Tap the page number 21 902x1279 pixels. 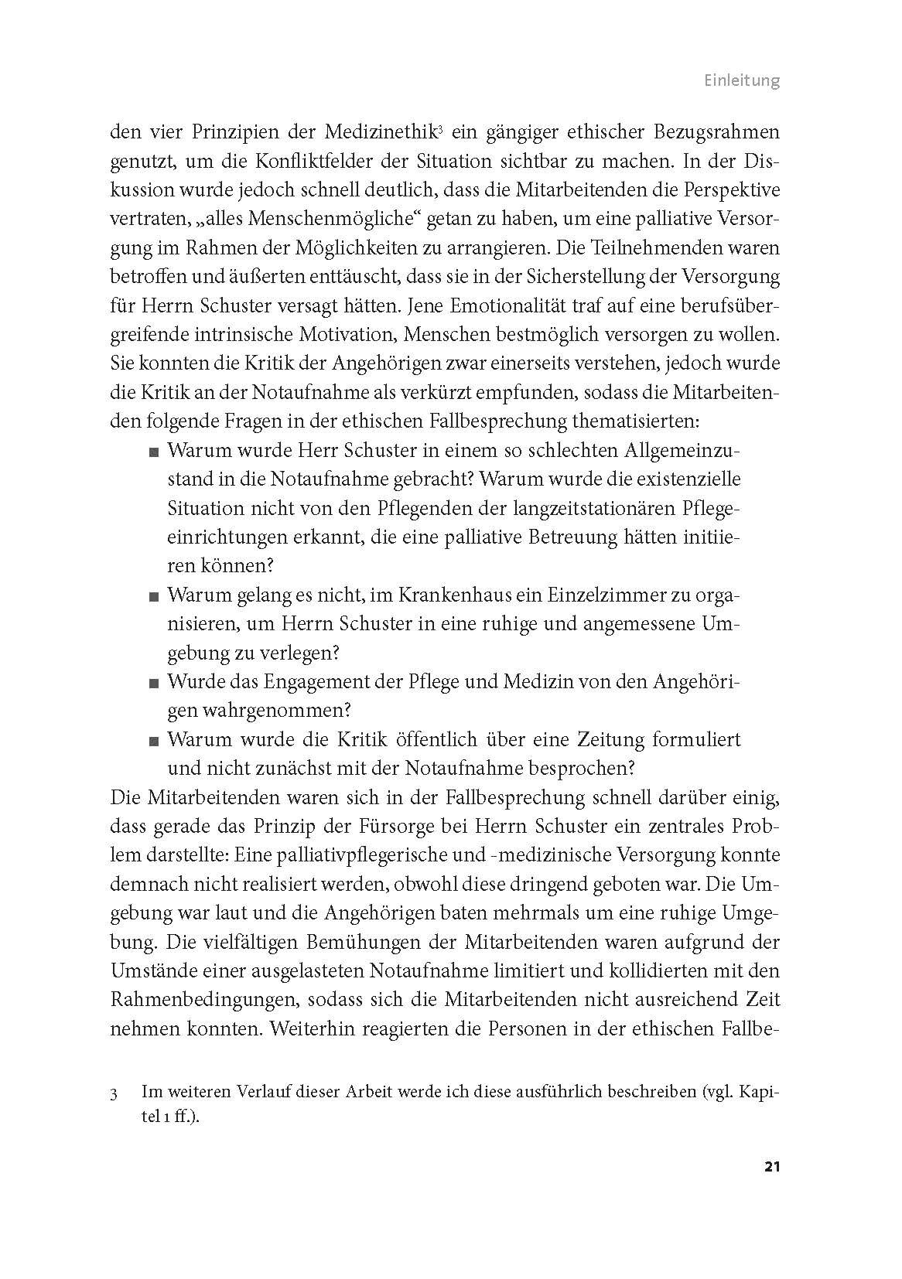770,1188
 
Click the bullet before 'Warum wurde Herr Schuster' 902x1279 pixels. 155,452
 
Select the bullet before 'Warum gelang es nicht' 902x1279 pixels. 155,596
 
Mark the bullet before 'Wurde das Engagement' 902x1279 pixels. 155,683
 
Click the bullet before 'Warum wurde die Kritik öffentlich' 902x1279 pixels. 155,741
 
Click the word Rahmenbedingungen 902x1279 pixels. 204,1000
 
